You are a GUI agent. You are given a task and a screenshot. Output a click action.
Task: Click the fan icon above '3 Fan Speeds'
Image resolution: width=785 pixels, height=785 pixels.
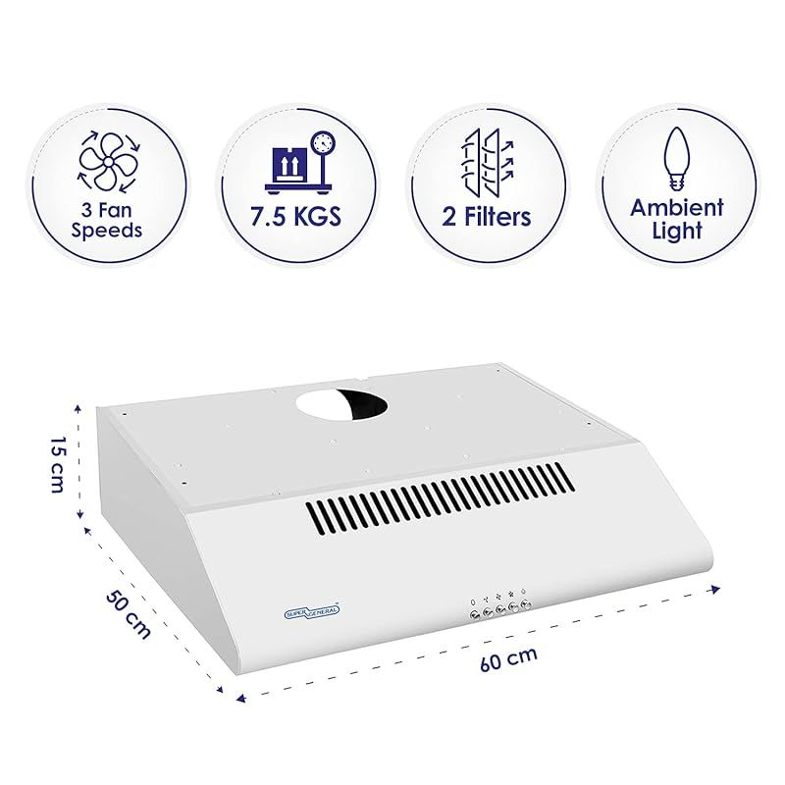pos(108,162)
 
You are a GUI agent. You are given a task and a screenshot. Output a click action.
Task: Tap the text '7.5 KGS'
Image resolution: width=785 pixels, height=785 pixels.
pos(296,216)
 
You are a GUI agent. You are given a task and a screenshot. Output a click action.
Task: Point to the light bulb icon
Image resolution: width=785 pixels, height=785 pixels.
pos(676,159)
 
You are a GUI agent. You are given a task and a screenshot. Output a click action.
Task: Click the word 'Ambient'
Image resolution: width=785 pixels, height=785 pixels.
pos(677,207)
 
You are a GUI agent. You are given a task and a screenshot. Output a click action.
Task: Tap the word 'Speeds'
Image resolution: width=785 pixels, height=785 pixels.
pos(107,231)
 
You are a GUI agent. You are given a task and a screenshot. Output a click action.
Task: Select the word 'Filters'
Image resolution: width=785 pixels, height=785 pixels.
pos(497,216)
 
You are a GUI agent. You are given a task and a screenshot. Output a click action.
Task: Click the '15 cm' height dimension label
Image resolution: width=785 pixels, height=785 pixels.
pos(58,464)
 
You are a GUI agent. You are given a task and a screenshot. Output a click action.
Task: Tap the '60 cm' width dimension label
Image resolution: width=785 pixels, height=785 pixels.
pos(508,658)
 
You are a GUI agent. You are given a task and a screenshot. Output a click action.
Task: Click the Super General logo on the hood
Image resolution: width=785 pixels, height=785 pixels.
pos(312,610)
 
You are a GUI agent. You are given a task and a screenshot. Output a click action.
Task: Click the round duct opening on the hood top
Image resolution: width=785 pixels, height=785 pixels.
pos(341,405)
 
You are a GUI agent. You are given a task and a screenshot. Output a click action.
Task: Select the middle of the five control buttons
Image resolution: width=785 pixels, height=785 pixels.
pos(500,609)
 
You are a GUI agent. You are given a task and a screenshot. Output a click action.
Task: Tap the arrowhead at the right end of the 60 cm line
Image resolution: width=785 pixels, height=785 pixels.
pos(715,590)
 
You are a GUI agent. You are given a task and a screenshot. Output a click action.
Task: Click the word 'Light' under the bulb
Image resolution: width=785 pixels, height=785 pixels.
pos(677,232)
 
